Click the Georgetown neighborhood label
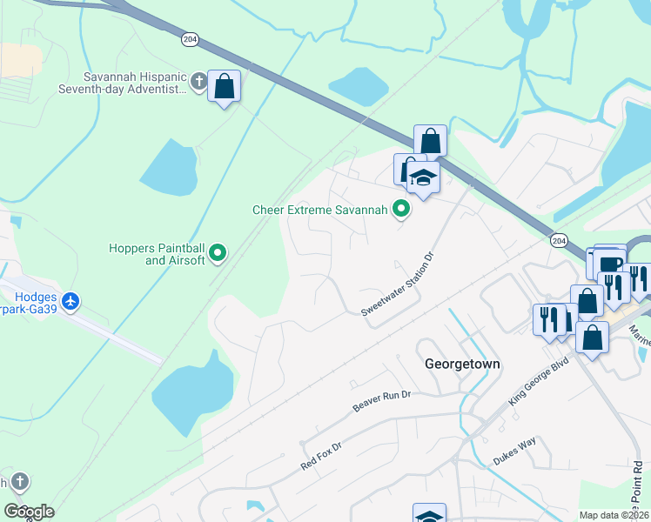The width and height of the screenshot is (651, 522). tap(462, 364)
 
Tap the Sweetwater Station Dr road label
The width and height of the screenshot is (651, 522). tap(397, 284)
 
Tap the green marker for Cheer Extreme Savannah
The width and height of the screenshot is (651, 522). tap(401, 209)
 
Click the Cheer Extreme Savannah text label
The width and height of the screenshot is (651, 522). tap(319, 210)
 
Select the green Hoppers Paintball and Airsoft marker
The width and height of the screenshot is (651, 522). tap(218, 254)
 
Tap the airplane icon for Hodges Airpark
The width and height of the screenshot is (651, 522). tap(70, 302)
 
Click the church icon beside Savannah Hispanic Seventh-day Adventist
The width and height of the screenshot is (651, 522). tap(198, 83)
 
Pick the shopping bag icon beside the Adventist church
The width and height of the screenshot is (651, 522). tap(225, 87)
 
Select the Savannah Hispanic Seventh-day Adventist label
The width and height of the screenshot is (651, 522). tap(124, 83)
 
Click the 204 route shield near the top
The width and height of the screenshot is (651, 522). tap(190, 39)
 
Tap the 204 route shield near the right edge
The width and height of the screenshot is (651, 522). tap(558, 240)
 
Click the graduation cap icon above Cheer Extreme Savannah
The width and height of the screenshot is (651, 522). tap(423, 177)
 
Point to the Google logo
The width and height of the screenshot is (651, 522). tap(28, 512)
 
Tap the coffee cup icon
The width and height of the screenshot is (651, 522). tap(611, 263)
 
